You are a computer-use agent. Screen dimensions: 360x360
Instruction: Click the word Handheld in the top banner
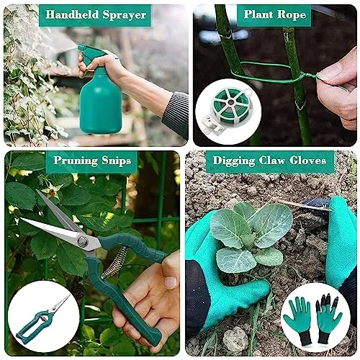coord(72,14)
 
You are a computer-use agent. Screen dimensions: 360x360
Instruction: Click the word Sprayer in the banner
coord(125,15)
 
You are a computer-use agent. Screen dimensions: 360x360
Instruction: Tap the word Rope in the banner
coord(292,15)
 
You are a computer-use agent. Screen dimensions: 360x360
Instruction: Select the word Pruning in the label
coord(76,161)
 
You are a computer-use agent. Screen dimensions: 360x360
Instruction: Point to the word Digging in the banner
coord(234,161)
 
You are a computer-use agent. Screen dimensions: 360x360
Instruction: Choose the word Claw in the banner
coord(272,161)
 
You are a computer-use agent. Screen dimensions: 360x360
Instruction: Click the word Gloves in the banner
coord(307,161)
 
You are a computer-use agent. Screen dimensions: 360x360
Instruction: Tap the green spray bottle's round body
coord(101,103)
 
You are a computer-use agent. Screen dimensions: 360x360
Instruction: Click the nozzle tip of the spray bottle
coord(79,48)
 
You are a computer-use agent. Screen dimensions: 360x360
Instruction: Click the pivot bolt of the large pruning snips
coord(83,241)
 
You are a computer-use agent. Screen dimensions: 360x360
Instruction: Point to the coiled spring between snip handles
coord(114,261)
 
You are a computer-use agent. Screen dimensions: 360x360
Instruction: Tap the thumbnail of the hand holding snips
coord(171,282)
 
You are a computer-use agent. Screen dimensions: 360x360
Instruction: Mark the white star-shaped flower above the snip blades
coord(52,191)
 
